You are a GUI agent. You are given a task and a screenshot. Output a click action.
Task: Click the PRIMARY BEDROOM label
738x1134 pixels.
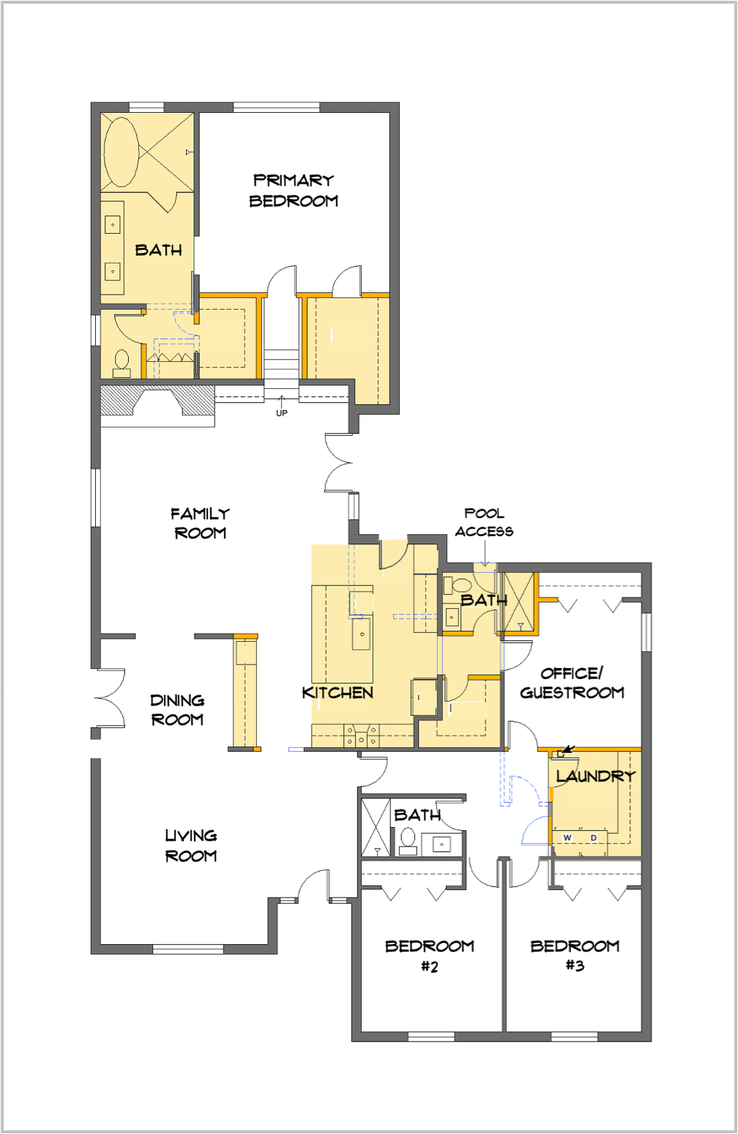tap(294, 191)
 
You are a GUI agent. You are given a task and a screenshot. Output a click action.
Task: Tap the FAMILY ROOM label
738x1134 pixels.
tap(201, 524)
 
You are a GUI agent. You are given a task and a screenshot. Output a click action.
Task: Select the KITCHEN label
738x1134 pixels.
tap(338, 692)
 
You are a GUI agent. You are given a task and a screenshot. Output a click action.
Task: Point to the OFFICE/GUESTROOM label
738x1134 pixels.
tap(572, 683)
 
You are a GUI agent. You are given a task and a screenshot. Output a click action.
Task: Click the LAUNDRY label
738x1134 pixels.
tap(596, 776)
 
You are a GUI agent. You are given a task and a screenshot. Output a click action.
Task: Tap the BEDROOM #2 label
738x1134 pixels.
tap(430, 956)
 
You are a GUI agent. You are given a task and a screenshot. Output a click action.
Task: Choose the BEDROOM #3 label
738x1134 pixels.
tap(575, 956)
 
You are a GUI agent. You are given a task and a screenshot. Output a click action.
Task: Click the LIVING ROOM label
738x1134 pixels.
tap(191, 845)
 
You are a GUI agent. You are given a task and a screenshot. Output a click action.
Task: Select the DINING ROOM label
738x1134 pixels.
tap(178, 710)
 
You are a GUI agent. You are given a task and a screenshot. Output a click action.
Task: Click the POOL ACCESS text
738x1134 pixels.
tap(484, 522)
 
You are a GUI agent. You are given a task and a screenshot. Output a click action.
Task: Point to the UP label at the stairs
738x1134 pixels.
tap(282, 413)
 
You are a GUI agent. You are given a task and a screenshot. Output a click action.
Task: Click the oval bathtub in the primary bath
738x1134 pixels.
tap(121, 152)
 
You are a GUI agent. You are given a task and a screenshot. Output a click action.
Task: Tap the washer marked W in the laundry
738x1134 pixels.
tap(567, 838)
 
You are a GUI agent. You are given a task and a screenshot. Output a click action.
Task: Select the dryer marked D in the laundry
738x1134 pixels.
tap(594, 838)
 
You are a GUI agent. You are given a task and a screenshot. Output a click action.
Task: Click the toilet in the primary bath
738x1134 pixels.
tap(122, 363)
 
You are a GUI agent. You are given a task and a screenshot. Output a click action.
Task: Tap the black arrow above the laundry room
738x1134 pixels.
tap(569, 749)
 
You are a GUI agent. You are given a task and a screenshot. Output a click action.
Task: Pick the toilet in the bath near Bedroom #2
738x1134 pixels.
tap(408, 841)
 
